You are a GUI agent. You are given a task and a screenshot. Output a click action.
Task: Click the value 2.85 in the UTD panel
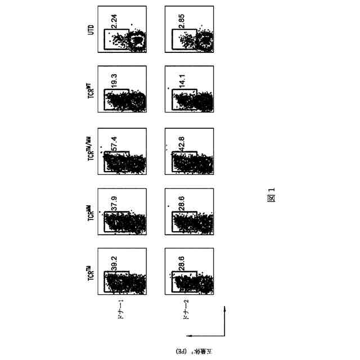coord(181,25)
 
